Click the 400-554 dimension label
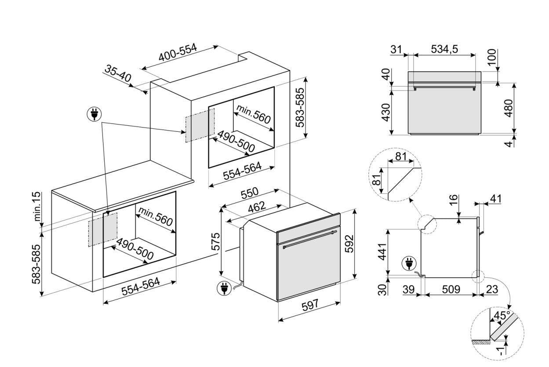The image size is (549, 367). tap(178, 54)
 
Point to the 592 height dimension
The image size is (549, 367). tap(349, 243)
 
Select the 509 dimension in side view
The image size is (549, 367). tap(451, 289)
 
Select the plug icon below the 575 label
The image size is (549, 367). tap(224, 288)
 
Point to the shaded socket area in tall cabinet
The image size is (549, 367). tap(200, 125)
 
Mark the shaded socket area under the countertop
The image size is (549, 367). tap(103, 229)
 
